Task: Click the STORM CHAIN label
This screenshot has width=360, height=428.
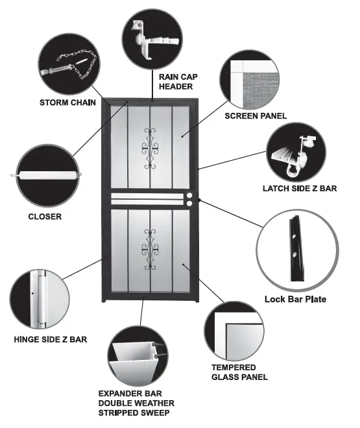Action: (x=69, y=102)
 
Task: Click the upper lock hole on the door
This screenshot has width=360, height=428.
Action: (x=190, y=195)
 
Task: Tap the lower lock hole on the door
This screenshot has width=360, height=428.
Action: (x=190, y=204)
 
